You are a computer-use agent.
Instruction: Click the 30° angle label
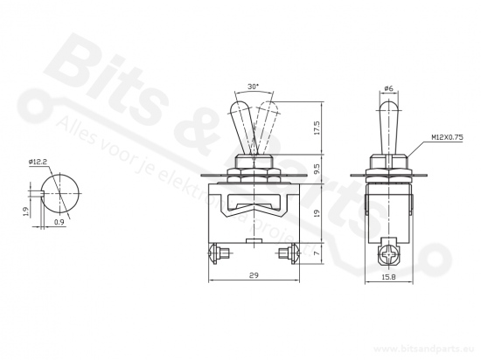(253, 87)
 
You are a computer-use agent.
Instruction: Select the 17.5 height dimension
(317, 128)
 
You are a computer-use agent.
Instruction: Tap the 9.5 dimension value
(317, 169)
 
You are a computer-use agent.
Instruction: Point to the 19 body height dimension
(317, 213)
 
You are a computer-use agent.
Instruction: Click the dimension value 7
(317, 253)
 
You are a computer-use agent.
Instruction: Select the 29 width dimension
(254, 275)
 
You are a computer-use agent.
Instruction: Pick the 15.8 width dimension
(388, 277)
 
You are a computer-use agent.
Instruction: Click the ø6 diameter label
(388, 88)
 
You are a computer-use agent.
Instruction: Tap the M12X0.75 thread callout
(447, 137)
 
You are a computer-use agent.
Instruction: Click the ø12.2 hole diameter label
(38, 162)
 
